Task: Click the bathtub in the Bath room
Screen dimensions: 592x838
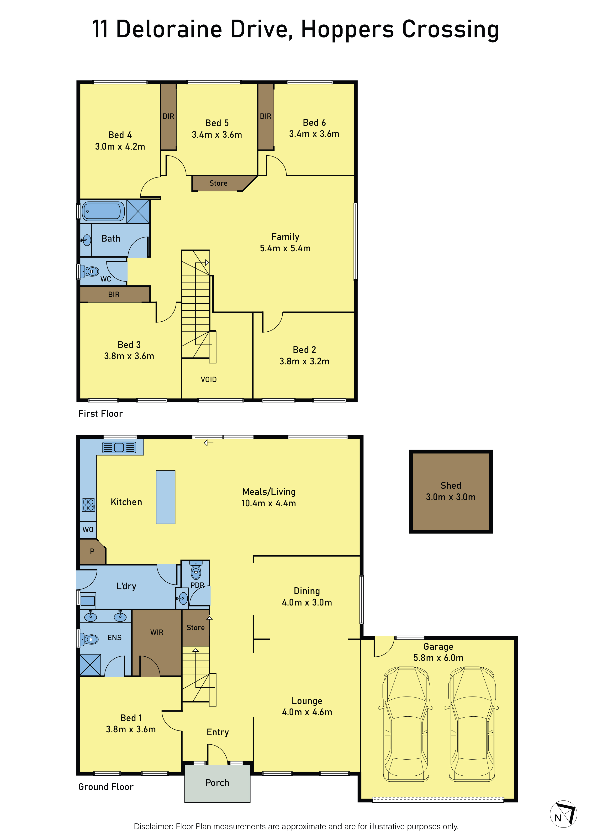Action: pos(103,211)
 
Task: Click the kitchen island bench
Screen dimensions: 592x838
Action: pos(165,497)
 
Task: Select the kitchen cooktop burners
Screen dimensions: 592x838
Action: pos(88,505)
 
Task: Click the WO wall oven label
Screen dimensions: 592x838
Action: pos(88,530)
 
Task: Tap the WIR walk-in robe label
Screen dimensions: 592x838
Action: pos(157,632)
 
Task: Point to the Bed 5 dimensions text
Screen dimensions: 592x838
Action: pos(217,135)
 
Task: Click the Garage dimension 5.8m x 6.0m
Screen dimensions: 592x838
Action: pos(438,658)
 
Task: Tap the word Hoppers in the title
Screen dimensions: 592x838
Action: pos(347,30)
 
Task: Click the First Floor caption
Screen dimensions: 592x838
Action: pos(100,414)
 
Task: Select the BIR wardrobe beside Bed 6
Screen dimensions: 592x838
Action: pos(266,116)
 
